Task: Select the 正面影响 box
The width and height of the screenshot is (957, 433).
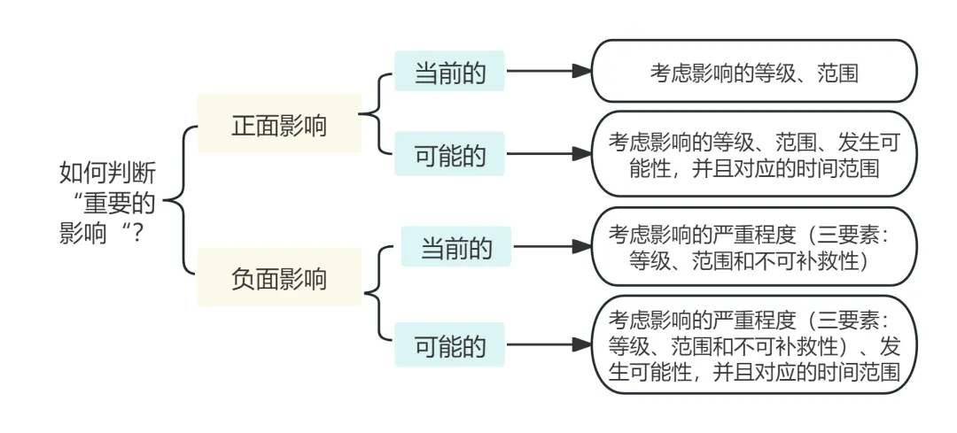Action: [279, 126]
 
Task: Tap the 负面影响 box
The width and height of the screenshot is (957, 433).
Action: [279, 278]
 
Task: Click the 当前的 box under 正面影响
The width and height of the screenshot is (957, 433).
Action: [450, 72]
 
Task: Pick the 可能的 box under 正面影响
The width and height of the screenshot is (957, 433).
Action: [450, 155]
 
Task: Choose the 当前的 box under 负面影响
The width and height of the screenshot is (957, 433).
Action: [455, 248]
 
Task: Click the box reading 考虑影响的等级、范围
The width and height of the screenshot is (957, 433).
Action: [753, 72]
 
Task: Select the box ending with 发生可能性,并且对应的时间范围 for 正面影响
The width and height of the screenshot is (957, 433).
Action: [753, 154]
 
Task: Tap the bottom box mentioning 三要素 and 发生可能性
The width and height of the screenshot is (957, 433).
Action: [753, 345]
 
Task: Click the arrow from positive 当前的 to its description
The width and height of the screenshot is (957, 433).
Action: [548, 72]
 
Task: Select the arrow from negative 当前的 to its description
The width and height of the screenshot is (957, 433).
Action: [551, 248]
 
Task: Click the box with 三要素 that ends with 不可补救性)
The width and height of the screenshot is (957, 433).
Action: [753, 248]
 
